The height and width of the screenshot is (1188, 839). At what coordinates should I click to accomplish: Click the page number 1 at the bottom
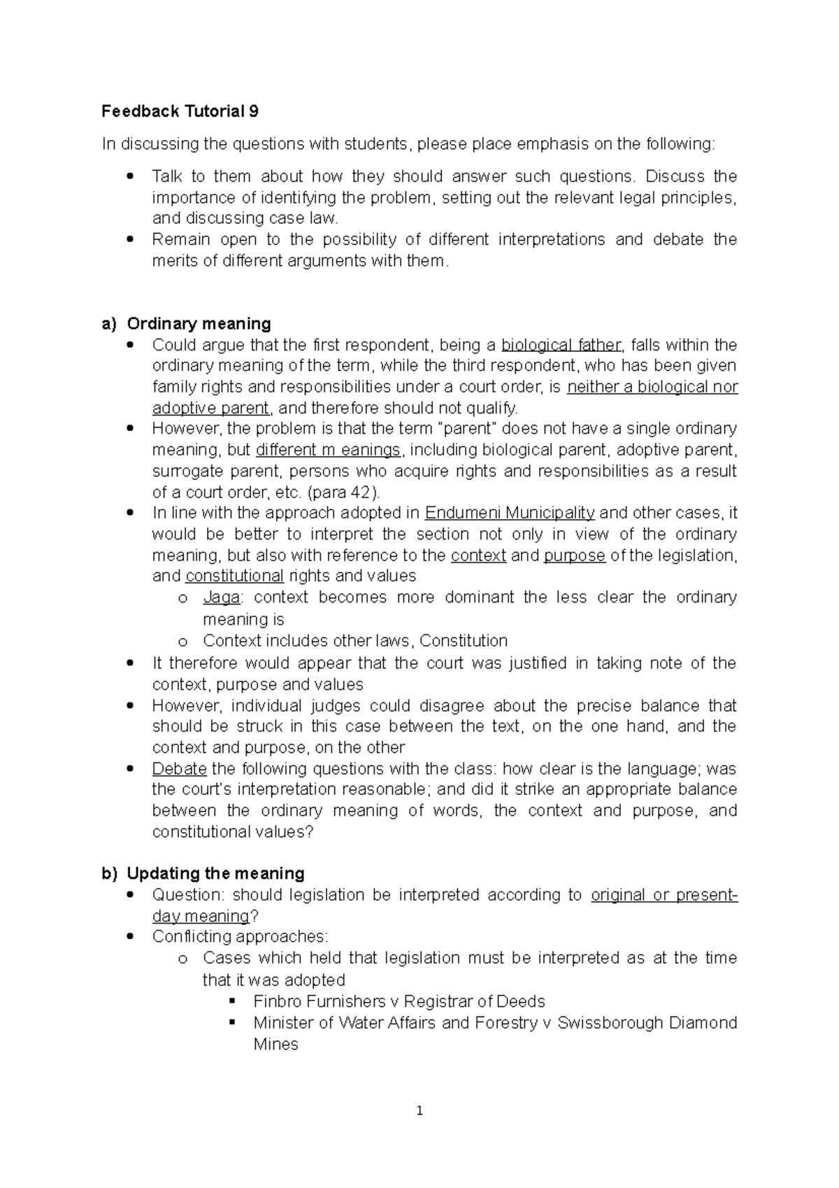tap(419, 1110)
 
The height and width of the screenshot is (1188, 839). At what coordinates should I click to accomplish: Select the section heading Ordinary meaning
tap(199, 323)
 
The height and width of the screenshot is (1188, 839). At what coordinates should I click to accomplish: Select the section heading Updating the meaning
tap(215, 873)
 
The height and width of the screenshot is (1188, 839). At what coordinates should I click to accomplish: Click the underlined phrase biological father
tap(561, 345)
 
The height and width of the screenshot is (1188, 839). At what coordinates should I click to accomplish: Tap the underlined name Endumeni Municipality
tap(510, 513)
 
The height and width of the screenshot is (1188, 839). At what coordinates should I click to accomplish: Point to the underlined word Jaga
tap(222, 597)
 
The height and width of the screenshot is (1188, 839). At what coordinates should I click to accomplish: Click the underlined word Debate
tap(179, 769)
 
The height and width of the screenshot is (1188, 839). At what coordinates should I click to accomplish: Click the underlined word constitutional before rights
tap(234, 576)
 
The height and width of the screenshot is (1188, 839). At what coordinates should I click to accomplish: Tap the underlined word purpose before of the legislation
tap(574, 556)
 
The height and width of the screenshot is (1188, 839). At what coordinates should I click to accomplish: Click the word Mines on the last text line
tap(275, 1045)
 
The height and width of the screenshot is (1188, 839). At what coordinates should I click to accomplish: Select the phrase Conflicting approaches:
tap(240, 937)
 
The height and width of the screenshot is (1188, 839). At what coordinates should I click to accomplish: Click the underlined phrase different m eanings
tap(329, 450)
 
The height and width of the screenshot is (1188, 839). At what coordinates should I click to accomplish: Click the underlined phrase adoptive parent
tap(210, 408)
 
